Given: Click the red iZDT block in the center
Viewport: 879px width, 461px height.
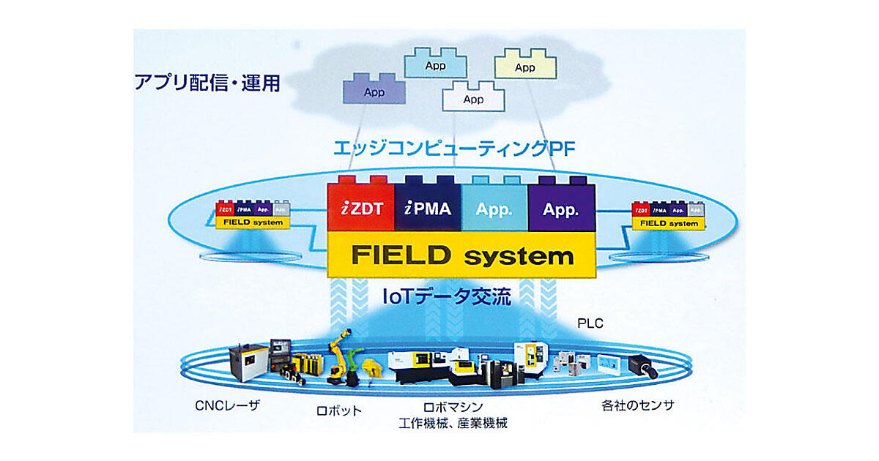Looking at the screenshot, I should (x=360, y=209).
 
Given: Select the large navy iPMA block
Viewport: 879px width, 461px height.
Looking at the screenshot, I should (x=429, y=209).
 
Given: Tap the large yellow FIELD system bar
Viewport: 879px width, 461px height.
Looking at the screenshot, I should (x=461, y=255).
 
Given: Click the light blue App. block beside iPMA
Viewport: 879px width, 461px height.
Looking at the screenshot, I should (x=494, y=209).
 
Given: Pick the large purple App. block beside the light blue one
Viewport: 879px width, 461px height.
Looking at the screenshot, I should (x=562, y=209).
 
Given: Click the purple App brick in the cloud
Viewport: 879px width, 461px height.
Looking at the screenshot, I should (x=374, y=91).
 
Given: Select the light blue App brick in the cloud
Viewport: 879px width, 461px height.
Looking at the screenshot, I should (x=435, y=64).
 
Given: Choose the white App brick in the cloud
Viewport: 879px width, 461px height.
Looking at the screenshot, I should (x=473, y=98).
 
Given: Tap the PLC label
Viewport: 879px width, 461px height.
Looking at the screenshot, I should (x=590, y=323).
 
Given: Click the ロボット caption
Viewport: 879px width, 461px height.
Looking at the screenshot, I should (x=338, y=410).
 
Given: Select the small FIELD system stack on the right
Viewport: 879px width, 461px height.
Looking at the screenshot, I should (x=667, y=214).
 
